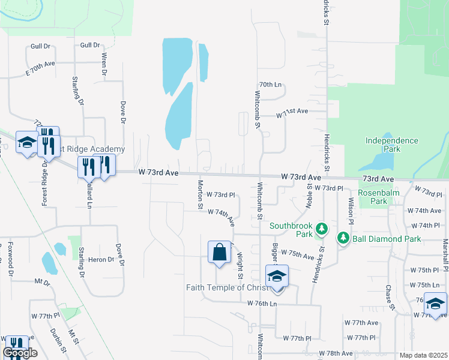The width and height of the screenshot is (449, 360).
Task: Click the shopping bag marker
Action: point(220,252)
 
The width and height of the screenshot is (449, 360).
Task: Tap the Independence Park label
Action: point(392,145)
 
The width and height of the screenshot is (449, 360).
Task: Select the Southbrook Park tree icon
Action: point(322,229)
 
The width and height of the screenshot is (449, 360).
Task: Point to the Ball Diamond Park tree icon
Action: point(343,238)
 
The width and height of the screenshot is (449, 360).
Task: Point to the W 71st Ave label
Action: point(292,112)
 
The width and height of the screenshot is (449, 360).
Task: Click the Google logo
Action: point(20,353)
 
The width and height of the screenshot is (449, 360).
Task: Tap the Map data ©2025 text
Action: point(424,355)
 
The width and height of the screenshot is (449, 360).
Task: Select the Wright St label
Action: point(240,265)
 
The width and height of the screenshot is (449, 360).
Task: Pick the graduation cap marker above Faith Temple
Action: point(277,277)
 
